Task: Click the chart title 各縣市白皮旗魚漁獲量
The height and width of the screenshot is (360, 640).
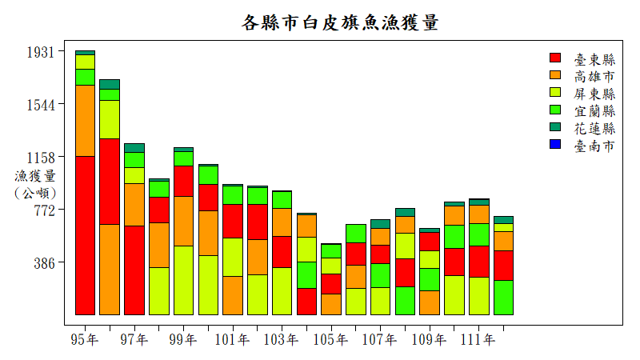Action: pos(340,22)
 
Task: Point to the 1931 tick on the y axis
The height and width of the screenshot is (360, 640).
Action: pos(41,52)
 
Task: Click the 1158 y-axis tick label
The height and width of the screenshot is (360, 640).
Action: pos(41,158)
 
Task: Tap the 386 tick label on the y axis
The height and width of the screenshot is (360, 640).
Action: pos(45,263)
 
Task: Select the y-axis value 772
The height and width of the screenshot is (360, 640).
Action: pos(45,210)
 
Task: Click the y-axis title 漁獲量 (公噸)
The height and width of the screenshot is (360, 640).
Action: pos(35,184)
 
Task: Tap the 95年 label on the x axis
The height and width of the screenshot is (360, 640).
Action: pos(85,340)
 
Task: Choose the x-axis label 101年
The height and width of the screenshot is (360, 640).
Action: pos(233,340)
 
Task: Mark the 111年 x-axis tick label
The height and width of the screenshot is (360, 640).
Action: pos(478,340)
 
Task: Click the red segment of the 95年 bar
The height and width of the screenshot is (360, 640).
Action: pos(85,235)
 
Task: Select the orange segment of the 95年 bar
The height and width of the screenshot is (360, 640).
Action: pos(85,120)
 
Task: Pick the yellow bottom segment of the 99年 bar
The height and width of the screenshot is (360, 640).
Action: pos(183,280)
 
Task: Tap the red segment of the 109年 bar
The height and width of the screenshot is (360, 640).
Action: pos(430,242)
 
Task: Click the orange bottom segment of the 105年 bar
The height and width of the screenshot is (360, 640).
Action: pos(331,304)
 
